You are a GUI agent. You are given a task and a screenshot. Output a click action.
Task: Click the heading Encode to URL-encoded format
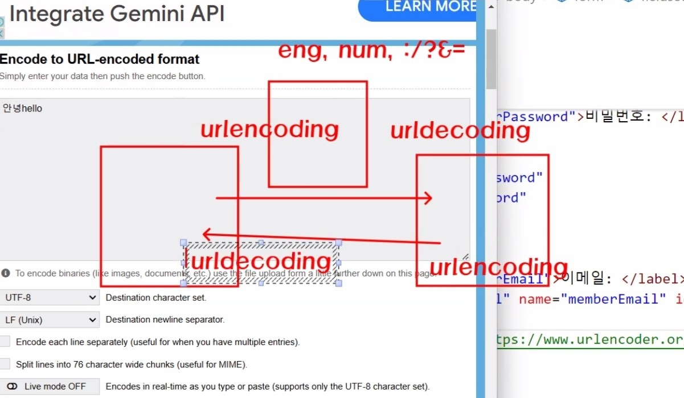click(100, 59)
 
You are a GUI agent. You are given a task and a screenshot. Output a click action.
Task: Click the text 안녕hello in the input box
click(23, 108)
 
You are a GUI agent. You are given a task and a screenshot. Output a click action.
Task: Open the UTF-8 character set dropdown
click(50, 297)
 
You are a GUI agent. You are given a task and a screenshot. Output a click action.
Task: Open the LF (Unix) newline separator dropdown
click(50, 320)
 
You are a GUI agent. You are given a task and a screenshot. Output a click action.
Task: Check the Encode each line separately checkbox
click(5, 342)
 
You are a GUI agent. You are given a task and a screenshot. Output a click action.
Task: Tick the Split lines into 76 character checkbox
click(5, 364)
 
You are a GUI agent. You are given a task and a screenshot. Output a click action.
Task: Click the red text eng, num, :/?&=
click(371, 51)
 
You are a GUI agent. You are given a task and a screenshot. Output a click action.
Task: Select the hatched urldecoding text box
click(261, 262)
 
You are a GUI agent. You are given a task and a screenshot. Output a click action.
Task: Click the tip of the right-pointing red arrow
click(431, 198)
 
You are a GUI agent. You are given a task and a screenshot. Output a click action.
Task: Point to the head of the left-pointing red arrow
click(205, 233)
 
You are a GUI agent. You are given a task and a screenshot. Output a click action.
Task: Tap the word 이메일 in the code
click(582, 279)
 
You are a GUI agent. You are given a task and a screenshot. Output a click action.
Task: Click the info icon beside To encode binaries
click(6, 273)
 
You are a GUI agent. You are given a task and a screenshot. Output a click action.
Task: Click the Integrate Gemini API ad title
click(117, 14)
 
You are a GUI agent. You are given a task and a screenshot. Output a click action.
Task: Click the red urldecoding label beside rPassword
click(460, 131)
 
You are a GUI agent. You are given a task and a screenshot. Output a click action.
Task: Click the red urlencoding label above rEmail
click(498, 267)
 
